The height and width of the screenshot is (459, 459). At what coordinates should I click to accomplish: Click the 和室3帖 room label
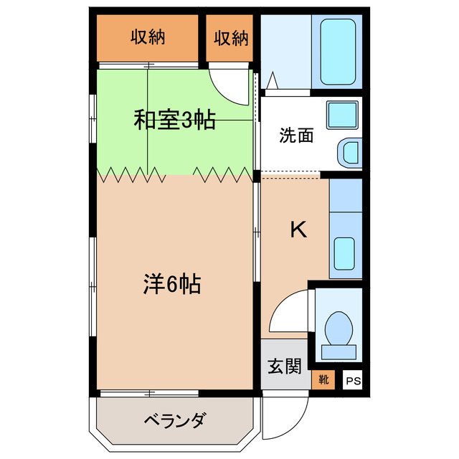click(x=174, y=120)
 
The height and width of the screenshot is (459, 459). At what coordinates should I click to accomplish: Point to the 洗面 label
click(x=296, y=135)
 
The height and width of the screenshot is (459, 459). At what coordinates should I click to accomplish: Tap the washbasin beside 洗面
click(x=349, y=151)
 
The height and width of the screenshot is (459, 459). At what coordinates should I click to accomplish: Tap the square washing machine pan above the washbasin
click(x=343, y=115)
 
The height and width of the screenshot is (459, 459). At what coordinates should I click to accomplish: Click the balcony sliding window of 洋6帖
click(x=149, y=392)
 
